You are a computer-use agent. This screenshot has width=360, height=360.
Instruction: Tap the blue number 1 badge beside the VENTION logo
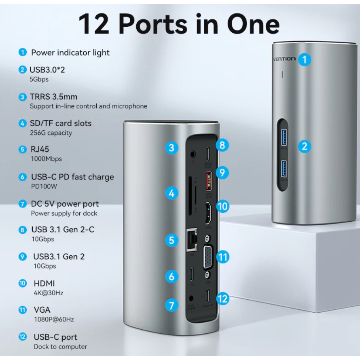coord(305,59)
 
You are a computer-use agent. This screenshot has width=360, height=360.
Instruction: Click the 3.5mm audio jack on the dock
coord(193,154)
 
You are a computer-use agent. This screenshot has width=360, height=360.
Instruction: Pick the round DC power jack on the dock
coord(191,299)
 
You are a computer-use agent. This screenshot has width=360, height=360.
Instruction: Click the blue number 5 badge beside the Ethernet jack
coord(172,240)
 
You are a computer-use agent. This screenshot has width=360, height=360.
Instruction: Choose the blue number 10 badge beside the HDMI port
coord(222,206)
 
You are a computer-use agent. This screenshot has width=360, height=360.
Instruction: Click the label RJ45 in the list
coord(40,149)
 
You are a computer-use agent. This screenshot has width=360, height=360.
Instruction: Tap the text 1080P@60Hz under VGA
coord(54,320)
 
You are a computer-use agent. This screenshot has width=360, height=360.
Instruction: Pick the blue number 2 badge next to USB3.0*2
coord(23,70)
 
